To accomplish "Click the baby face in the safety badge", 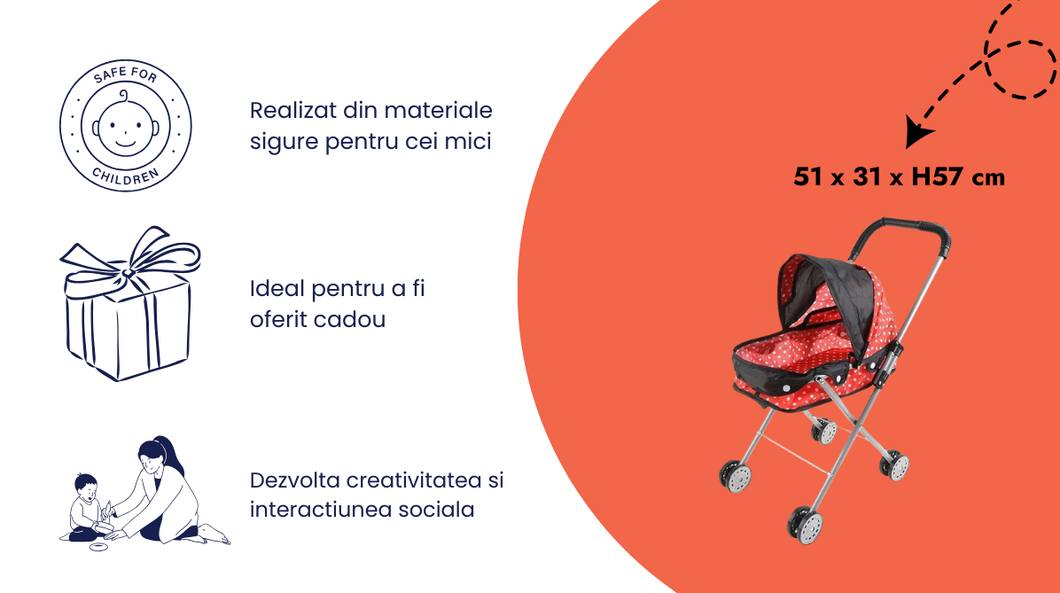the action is pyautogui.click(x=126, y=125).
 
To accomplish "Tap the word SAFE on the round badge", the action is pyautogui.click(x=108, y=75).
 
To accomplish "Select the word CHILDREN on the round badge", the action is pyautogui.click(x=126, y=176).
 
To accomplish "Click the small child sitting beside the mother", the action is pyautogui.click(x=88, y=507).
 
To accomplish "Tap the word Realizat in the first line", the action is pyautogui.click(x=292, y=110).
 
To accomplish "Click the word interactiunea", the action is pyautogui.click(x=319, y=509).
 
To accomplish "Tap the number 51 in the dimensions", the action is pyautogui.click(x=807, y=176).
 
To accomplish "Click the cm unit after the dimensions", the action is pyautogui.click(x=988, y=178).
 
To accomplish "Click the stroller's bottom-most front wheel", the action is pyautogui.click(x=805, y=525).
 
